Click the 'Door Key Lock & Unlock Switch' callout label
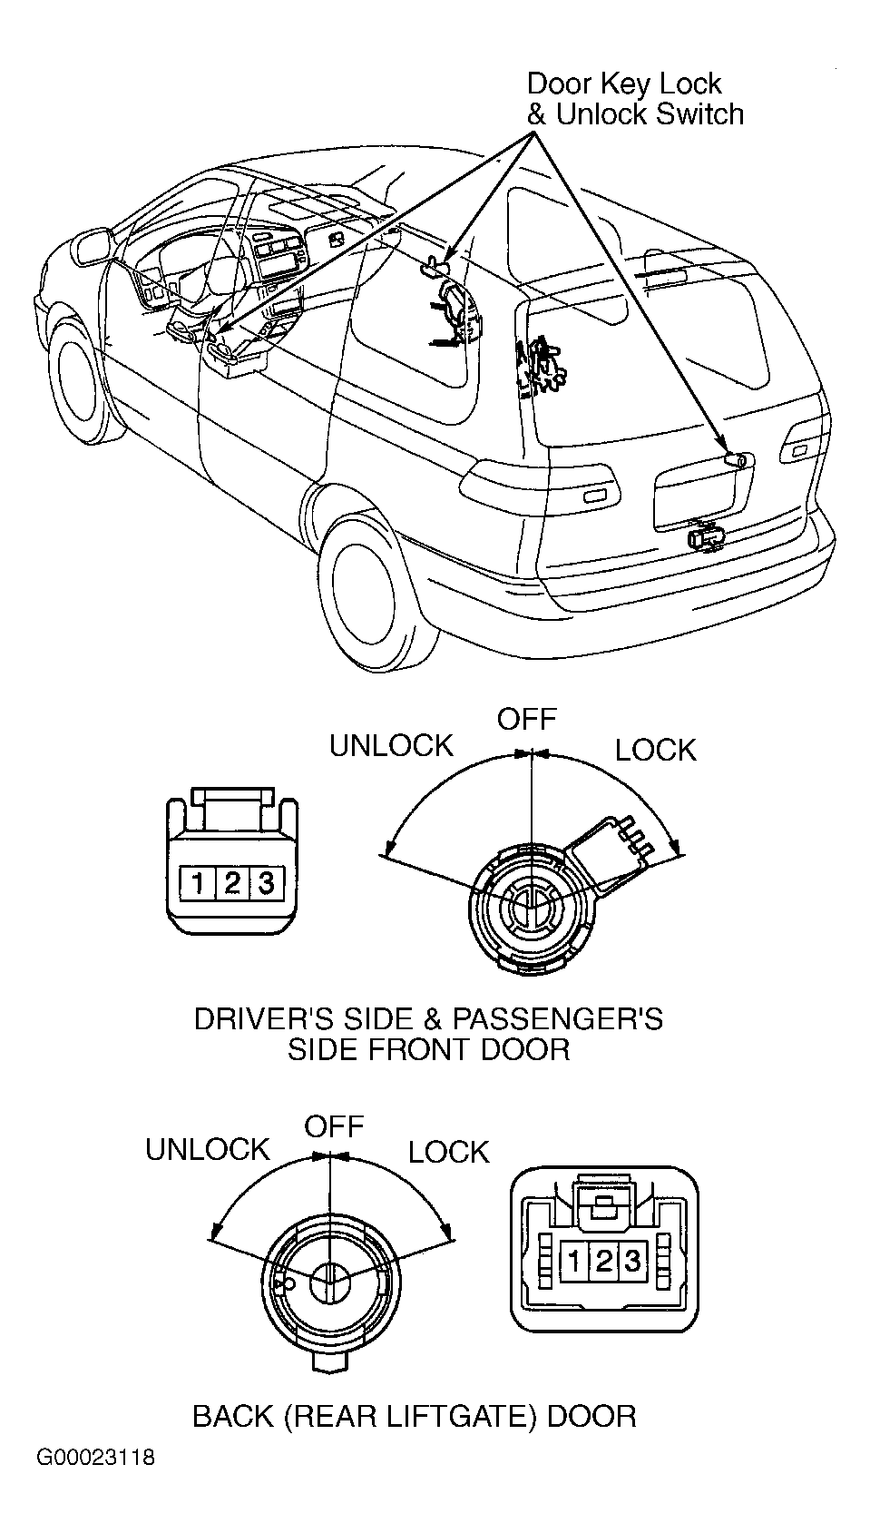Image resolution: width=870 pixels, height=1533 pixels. (x=635, y=99)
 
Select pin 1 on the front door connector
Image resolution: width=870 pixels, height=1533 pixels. (x=199, y=882)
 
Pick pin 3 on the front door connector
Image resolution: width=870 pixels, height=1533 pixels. (x=266, y=882)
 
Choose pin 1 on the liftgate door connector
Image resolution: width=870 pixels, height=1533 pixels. (x=576, y=1260)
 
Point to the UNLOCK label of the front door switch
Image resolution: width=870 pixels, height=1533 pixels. (x=391, y=745)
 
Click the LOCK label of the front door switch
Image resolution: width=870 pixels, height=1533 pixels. (x=655, y=750)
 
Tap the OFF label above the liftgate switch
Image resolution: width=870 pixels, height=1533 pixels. (x=334, y=1125)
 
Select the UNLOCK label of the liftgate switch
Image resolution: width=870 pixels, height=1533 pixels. (x=207, y=1150)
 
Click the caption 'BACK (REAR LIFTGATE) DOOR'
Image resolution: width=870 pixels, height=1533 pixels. (x=415, y=1416)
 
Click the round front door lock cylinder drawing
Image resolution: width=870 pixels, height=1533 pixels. (x=533, y=909)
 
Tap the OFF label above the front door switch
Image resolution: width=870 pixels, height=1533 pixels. (x=527, y=719)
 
